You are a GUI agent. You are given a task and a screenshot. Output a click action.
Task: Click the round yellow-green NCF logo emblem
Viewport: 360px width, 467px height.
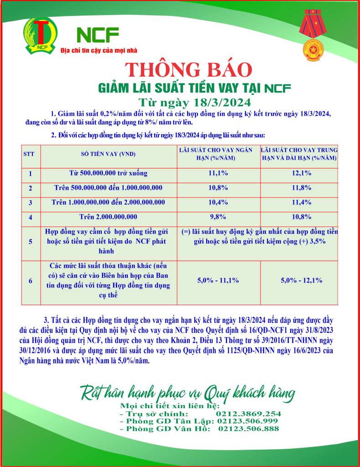[x=42, y=34]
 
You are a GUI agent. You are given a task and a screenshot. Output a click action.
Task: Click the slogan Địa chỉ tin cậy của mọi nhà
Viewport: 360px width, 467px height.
[x=99, y=51]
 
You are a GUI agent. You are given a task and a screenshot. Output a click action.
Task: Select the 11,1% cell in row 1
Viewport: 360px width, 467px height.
[x=218, y=173]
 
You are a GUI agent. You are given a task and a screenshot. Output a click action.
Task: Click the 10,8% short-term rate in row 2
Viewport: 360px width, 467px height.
[x=218, y=188]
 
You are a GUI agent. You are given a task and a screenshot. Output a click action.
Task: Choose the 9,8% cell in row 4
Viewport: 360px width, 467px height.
[x=218, y=217]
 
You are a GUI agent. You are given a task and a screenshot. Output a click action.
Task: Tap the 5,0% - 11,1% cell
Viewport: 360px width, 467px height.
[x=218, y=280]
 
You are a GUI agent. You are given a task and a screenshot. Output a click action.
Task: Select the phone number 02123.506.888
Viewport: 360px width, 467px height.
[x=248, y=429]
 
